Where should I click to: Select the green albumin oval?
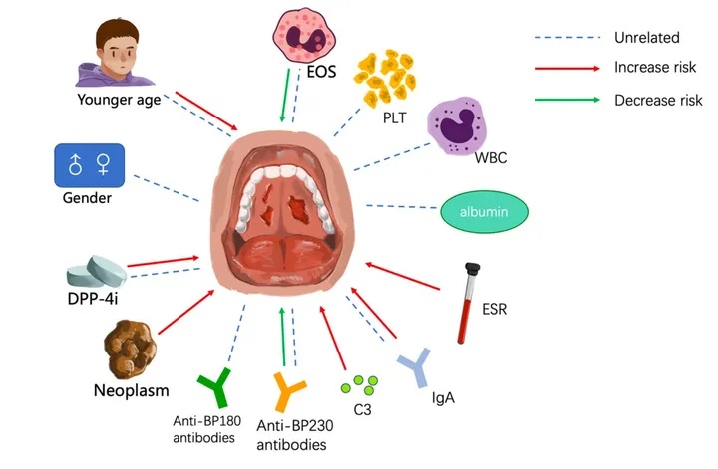[485, 213]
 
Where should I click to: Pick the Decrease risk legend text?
[658, 100]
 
